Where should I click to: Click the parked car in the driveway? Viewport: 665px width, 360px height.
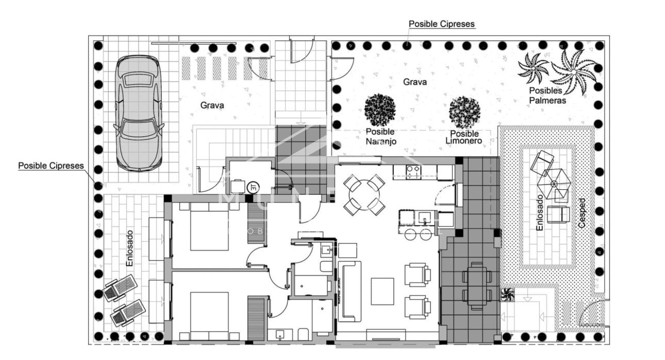click(x=137, y=112)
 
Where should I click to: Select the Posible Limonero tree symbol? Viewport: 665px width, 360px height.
click(x=464, y=112)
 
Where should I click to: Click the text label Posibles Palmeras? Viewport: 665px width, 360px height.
click(x=547, y=95)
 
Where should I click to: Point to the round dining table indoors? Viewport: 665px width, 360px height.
click(x=364, y=195)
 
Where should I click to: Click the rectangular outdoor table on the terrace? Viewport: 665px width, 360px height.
click(x=477, y=287)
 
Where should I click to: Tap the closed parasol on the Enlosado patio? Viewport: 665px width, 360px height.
click(x=554, y=184)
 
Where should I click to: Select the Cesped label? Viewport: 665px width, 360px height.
click(x=583, y=214)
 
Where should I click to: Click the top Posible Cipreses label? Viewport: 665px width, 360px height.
click(x=441, y=24)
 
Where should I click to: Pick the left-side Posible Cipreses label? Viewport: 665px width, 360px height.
click(x=51, y=166)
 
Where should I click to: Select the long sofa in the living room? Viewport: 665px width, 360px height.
click(x=349, y=291)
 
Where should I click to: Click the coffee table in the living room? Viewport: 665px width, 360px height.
click(x=383, y=291)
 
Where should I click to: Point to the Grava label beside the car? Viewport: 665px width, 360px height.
click(x=212, y=106)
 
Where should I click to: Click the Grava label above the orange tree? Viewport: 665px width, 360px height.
click(x=414, y=81)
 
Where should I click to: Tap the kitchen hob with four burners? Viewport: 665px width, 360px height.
click(x=413, y=171)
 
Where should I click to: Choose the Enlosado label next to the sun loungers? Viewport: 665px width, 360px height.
click(x=129, y=249)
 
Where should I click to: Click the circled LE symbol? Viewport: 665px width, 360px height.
click(x=253, y=187)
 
